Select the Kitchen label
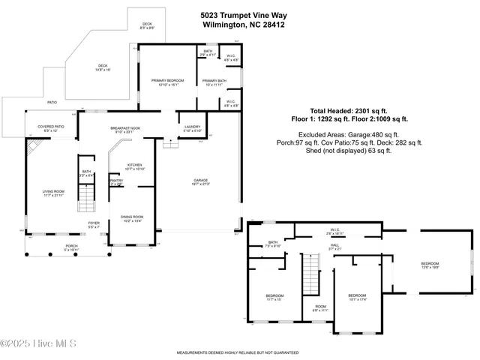(134, 166)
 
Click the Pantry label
(116, 181)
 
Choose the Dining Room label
(132, 218)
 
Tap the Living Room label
(53, 193)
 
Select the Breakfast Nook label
(126, 129)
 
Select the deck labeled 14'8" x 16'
(103, 67)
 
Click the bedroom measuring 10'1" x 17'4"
(357, 298)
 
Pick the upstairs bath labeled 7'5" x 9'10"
(273, 244)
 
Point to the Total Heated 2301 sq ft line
(356, 110)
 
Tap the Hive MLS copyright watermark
(39, 343)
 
